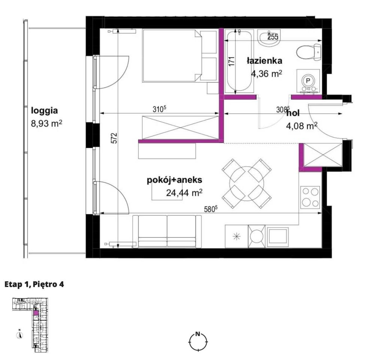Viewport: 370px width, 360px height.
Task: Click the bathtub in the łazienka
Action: pos(239,61)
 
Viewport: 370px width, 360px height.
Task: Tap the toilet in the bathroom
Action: pos(309,52)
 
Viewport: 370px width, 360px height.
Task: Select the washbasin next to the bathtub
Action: pos(269,38)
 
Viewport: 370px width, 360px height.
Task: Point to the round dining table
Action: pos(246,183)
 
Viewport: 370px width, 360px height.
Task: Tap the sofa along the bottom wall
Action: pos(167,231)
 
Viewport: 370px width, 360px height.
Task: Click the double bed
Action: pos(179,56)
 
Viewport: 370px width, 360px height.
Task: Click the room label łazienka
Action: pos(264,61)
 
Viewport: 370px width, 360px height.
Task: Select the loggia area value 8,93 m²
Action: pos(46,123)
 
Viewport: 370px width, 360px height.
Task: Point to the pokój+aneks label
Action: pos(175,180)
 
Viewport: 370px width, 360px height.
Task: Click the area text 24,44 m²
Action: pos(184,193)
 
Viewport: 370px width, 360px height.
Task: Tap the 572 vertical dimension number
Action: pos(115,138)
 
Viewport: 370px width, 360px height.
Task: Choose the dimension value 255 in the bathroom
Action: pos(273,37)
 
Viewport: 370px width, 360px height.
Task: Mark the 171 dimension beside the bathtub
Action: pos(232,61)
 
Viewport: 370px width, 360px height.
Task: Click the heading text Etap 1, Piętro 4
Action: pos(34,284)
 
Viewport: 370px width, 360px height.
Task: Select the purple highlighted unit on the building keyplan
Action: pos(36,313)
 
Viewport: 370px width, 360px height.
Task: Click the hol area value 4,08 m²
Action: pos(301,126)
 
